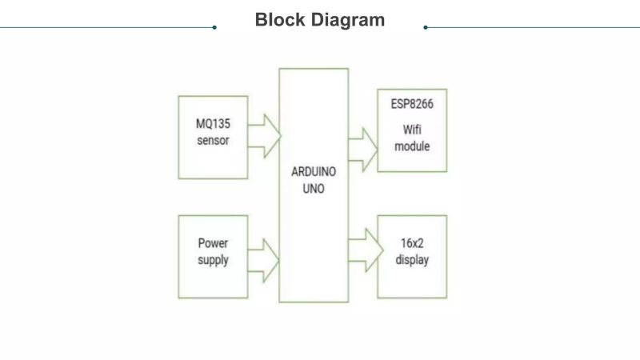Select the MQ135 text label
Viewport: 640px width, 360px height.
click(x=212, y=126)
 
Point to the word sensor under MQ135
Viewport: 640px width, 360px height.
click(x=212, y=141)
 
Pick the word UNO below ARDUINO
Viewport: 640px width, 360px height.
click(x=314, y=190)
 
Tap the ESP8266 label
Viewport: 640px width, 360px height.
click(x=412, y=104)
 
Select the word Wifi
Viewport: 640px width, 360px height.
click(x=412, y=130)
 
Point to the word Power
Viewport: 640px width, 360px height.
click(x=212, y=244)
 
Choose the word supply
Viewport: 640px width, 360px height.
click(x=212, y=260)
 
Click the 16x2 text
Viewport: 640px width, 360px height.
click(x=412, y=244)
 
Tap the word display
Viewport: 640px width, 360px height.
click(x=412, y=260)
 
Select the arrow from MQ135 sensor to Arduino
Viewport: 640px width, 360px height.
click(x=264, y=135)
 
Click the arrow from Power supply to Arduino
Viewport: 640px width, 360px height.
click(x=264, y=260)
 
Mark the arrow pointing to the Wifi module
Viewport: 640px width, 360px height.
click(x=363, y=149)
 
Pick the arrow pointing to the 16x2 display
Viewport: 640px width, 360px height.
click(x=363, y=249)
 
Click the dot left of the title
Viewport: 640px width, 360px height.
click(x=214, y=27)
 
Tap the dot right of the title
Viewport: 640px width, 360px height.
click(x=426, y=27)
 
